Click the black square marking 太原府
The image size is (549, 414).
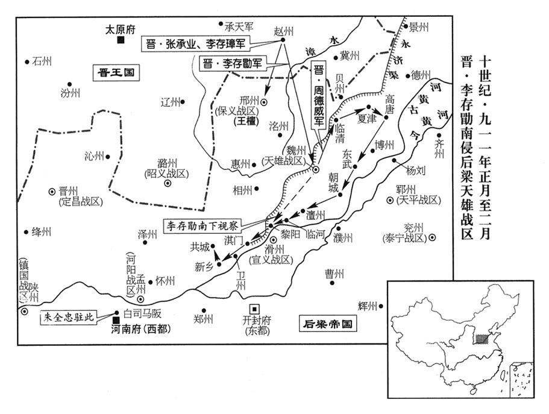(121, 40)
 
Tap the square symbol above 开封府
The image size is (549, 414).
(256, 307)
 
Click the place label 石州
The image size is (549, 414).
(42, 61)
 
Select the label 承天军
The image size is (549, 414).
(239, 27)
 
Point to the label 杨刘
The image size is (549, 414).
(416, 171)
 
